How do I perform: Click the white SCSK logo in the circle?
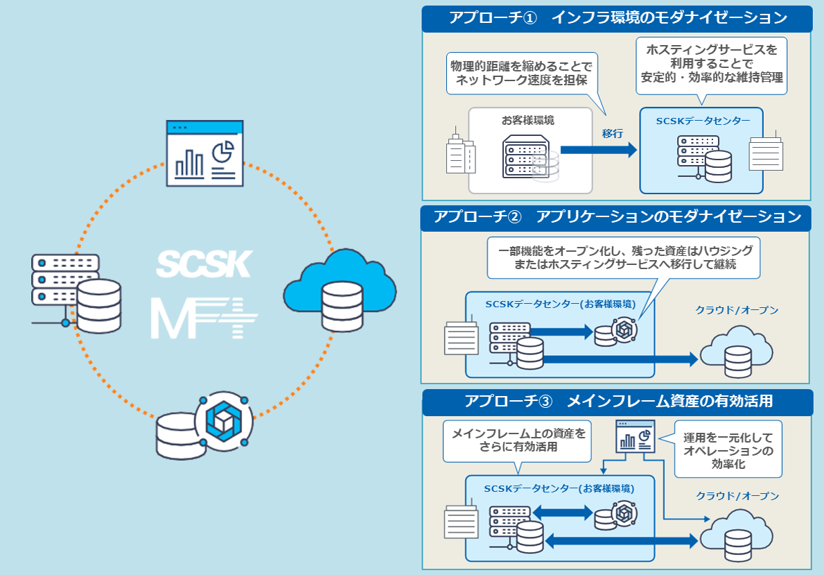(x=204, y=264)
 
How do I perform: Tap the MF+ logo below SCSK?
(x=204, y=318)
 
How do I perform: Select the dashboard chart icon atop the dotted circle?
(x=205, y=153)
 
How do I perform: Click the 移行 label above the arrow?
(x=613, y=133)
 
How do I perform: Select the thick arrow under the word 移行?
(x=598, y=150)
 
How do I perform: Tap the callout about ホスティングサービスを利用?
(x=711, y=64)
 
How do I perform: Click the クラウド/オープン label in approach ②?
(x=737, y=309)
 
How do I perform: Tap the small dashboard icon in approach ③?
(x=635, y=436)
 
